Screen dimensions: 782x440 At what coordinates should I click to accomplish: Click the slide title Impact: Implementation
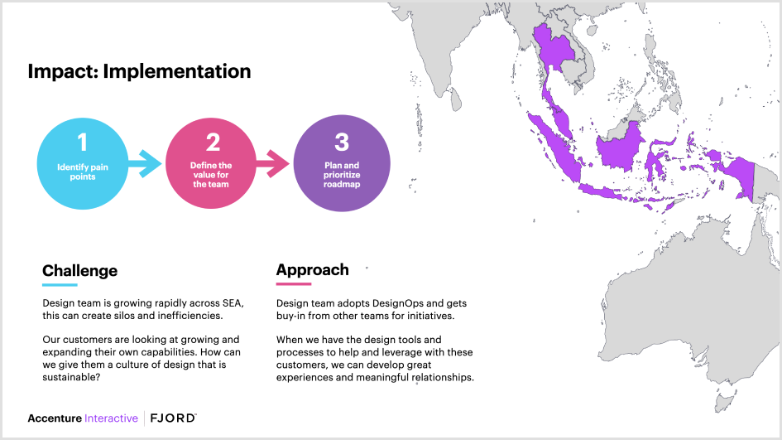click(x=139, y=71)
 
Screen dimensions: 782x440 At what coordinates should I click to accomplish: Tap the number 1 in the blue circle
click(x=82, y=143)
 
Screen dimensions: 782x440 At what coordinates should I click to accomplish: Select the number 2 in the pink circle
click(x=213, y=143)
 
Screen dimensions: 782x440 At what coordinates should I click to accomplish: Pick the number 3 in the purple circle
click(x=342, y=142)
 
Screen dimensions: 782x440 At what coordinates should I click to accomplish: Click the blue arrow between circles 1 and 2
click(x=148, y=162)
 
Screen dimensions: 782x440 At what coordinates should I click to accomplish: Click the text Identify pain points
click(x=82, y=172)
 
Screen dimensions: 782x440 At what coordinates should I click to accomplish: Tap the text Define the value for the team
click(x=212, y=175)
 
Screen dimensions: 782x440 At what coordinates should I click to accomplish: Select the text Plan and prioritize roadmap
click(x=342, y=175)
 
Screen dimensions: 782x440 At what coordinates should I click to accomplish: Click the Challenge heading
click(x=79, y=271)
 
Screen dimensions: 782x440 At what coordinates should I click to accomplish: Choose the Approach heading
click(x=312, y=270)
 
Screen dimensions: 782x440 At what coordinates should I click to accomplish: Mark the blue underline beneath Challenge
click(x=60, y=284)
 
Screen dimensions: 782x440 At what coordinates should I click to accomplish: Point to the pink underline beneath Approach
click(x=294, y=283)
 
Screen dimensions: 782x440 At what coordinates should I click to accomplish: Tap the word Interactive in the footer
click(x=111, y=418)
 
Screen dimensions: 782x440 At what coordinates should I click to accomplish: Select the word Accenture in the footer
click(x=55, y=418)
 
